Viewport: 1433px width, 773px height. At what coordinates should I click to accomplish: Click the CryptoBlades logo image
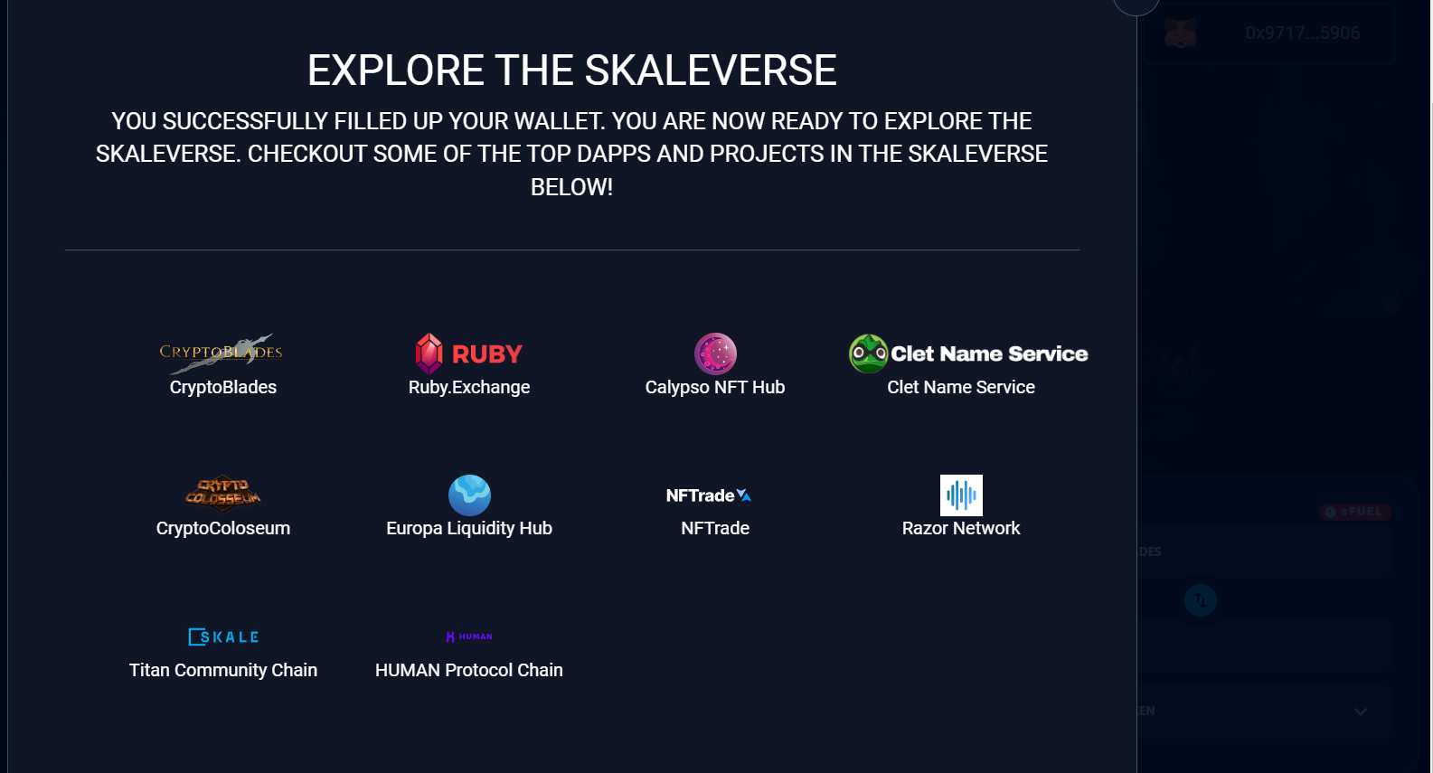pyautogui.click(x=222, y=352)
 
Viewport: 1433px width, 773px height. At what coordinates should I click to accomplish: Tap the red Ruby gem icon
pyautogui.click(x=429, y=354)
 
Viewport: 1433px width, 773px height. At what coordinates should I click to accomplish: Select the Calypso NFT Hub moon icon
pyautogui.click(x=715, y=354)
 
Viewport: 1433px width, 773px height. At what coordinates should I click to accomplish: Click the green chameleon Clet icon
pyautogui.click(x=868, y=354)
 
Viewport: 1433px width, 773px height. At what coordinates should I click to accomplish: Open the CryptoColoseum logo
pyautogui.click(x=222, y=494)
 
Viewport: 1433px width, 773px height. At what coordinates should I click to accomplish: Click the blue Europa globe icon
pyautogui.click(x=469, y=495)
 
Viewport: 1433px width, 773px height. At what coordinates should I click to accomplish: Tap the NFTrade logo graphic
pyautogui.click(x=709, y=495)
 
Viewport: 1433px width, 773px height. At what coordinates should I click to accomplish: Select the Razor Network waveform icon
pyautogui.click(x=961, y=495)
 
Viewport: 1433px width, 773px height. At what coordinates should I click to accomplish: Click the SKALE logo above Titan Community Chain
pyautogui.click(x=223, y=636)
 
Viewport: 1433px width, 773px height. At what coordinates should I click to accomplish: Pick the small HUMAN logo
pyautogui.click(x=469, y=636)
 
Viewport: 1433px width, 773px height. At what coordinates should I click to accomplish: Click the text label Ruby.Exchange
pyautogui.click(x=469, y=387)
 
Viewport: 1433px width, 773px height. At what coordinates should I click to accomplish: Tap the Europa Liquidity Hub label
pyautogui.click(x=469, y=528)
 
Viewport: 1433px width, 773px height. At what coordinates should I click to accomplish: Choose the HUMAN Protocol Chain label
pyautogui.click(x=469, y=670)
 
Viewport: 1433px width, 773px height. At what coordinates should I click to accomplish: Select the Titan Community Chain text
pyautogui.click(x=223, y=670)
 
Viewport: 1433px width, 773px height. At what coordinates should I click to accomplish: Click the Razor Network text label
pyautogui.click(x=961, y=528)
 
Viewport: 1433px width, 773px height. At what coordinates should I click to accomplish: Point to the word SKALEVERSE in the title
pyautogui.click(x=711, y=71)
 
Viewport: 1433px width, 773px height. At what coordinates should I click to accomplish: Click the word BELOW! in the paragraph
pyautogui.click(x=571, y=187)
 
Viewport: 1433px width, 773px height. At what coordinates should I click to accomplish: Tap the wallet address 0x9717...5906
pyautogui.click(x=1302, y=33)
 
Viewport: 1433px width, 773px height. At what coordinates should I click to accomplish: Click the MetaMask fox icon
pyautogui.click(x=1181, y=33)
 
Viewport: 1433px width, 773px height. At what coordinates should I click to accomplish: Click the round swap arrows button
pyautogui.click(x=1201, y=600)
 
